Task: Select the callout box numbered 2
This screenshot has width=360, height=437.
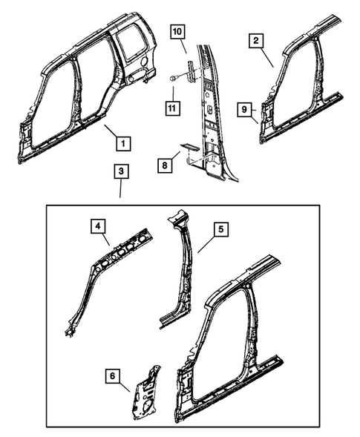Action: click(x=255, y=42)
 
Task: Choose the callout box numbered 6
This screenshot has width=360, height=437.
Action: click(x=112, y=377)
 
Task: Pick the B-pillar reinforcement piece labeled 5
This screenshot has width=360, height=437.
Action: click(x=180, y=267)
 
